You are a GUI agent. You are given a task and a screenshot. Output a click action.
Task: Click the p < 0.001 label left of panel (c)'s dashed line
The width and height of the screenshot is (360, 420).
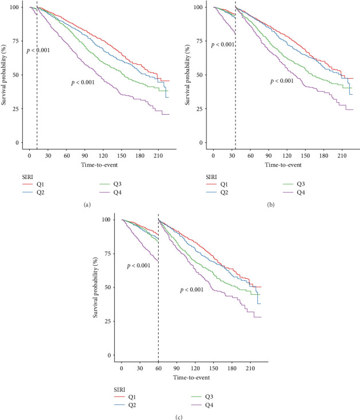pyautogui.click(x=138, y=266)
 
